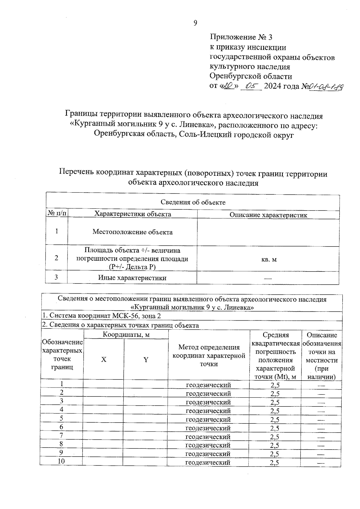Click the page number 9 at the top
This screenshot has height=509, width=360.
click(195, 23)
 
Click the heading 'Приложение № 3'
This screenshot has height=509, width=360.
click(241, 37)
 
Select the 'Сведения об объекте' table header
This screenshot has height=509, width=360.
click(193, 202)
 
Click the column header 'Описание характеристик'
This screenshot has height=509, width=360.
click(268, 215)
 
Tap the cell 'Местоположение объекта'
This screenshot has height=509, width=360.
click(132, 232)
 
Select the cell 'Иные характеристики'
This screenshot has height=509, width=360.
click(132, 278)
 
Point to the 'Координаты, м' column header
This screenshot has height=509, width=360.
click(126, 335)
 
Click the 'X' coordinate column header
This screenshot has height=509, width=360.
click(103, 360)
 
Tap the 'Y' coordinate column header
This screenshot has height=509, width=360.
click(146, 360)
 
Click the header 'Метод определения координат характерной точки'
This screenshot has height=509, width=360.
click(209, 355)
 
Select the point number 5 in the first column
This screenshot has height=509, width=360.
click(61, 418)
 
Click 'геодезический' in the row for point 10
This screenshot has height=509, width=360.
click(208, 463)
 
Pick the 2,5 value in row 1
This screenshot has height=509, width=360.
click(275, 385)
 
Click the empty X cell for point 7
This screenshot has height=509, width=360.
click(103, 436)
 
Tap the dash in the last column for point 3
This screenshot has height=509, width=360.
click(321, 402)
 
